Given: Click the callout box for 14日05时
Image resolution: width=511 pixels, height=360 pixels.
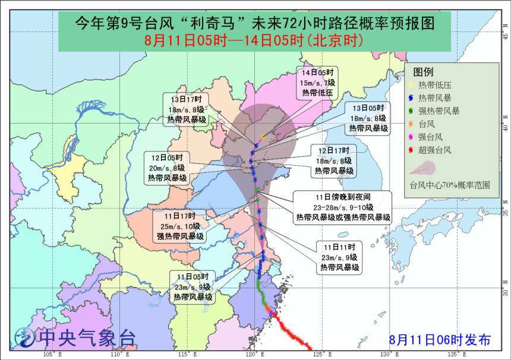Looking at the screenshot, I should click(x=317, y=83).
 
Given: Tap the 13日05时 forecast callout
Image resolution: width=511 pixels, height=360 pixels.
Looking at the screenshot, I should click(x=368, y=117).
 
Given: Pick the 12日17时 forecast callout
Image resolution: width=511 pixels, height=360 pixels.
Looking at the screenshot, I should click(x=335, y=160).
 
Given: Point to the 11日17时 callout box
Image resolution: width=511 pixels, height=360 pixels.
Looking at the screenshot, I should click(x=181, y=225).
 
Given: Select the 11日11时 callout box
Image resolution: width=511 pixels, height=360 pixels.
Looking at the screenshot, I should click(x=339, y=257).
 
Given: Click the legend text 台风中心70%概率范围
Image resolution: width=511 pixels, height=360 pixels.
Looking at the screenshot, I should click(x=449, y=185).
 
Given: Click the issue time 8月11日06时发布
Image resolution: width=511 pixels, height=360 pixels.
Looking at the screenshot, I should click(x=440, y=340).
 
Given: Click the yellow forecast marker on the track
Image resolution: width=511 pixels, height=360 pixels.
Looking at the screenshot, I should click(x=262, y=137).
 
